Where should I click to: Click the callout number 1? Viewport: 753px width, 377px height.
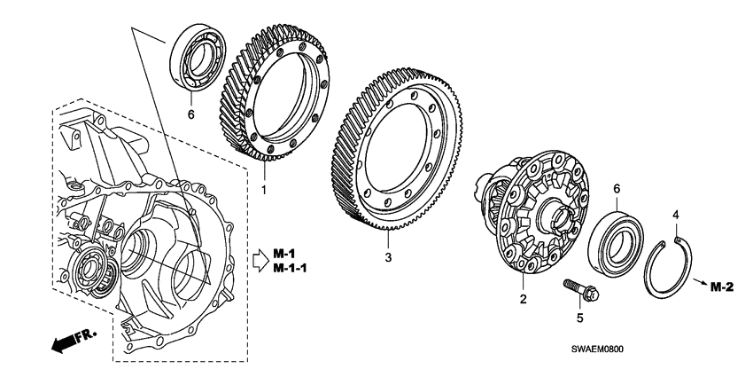point(263,190)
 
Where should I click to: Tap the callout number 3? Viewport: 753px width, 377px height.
point(387,258)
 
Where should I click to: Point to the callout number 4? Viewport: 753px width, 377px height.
point(675,215)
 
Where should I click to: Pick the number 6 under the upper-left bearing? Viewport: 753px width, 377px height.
point(190,114)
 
